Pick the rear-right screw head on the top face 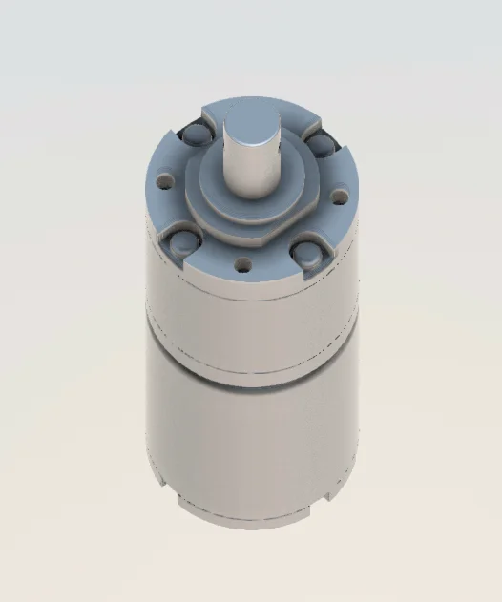[319, 144]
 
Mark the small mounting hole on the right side [337, 197]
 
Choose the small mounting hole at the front [241, 261]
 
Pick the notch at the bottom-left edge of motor [181, 499]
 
